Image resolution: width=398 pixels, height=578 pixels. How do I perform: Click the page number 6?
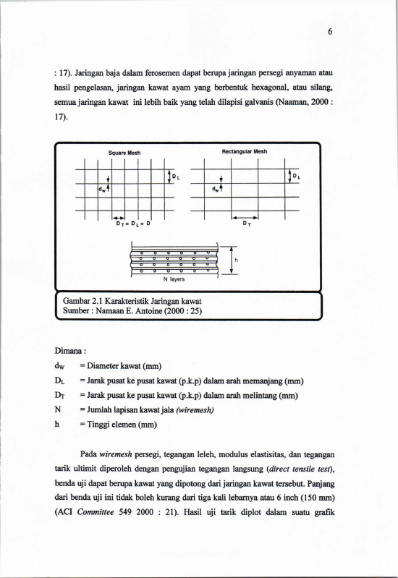click(x=330, y=32)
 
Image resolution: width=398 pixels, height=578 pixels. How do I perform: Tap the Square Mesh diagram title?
click(x=124, y=153)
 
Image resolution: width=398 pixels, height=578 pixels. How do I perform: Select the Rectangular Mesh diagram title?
click(x=245, y=151)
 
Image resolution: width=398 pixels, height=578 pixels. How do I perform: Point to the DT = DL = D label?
click(x=133, y=224)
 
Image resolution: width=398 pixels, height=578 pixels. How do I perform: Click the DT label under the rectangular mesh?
click(x=247, y=224)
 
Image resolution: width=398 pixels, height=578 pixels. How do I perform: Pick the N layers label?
click(x=174, y=279)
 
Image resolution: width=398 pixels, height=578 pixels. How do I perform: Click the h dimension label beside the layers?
click(x=237, y=260)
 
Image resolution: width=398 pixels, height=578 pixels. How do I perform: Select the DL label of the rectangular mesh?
click(x=297, y=177)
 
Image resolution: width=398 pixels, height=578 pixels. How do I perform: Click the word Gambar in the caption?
click(x=76, y=301)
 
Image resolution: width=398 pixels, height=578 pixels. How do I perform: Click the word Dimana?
click(x=69, y=351)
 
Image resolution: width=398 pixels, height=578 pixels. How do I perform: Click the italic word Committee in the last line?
click(x=96, y=512)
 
